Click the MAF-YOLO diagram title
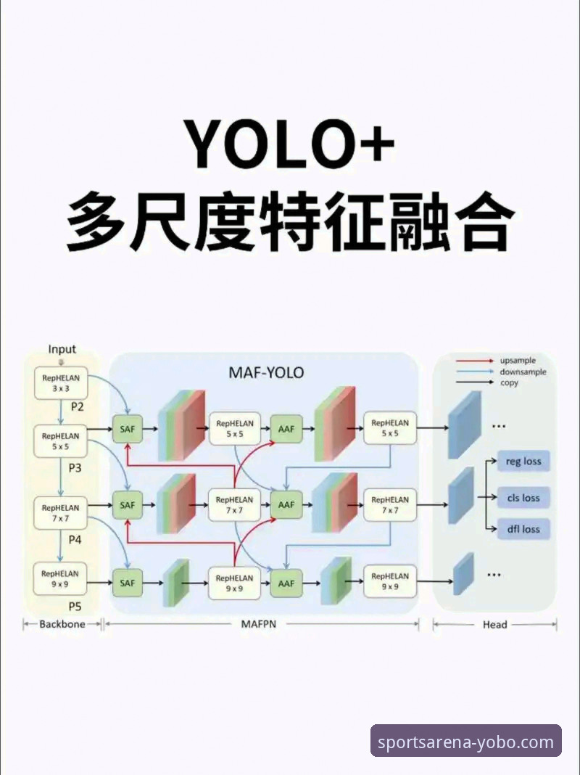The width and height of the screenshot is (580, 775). pos(266,374)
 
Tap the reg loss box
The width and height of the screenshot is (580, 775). pos(523,462)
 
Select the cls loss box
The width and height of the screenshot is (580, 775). pos(523,498)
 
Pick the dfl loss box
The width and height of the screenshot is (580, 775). pos(523,529)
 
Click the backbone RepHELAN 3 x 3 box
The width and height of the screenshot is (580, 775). pos(61,383)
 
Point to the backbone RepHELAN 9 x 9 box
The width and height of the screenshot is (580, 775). pos(61,578)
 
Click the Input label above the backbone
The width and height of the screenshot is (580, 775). pos(62,349)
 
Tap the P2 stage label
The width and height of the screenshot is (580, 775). pos(78,407)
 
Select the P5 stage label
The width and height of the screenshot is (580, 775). pos(75,606)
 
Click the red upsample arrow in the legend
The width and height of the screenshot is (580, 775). pos(474,361)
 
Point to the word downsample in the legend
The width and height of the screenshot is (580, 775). pos(523,372)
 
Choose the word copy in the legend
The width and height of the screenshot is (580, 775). pos(509,382)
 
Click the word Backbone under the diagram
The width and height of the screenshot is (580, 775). pos(62,624)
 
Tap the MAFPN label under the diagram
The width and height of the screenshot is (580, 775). pos(258,624)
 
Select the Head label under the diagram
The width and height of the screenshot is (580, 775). pos(494,624)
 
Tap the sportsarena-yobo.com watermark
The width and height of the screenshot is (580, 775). pos(466,742)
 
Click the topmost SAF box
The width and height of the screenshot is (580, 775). pos(128,429)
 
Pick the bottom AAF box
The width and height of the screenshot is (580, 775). pos(286,583)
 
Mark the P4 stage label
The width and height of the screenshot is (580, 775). pos(75,540)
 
